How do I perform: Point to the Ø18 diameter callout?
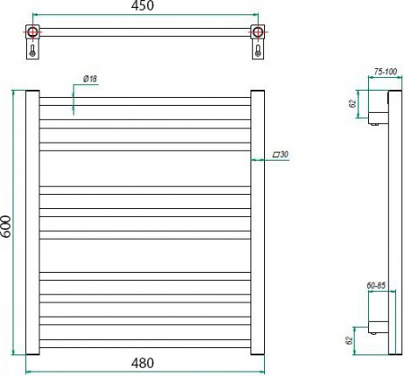coord(90,80)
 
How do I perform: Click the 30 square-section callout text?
coord(284,155)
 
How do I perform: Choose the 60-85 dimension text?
coord(376,286)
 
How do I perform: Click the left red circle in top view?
coord(33,34)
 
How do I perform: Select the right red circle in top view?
coord(260,34)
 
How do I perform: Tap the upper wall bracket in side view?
coord(378,109)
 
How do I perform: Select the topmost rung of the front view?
coord(145,97)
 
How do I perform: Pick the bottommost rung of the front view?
coord(145,345)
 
